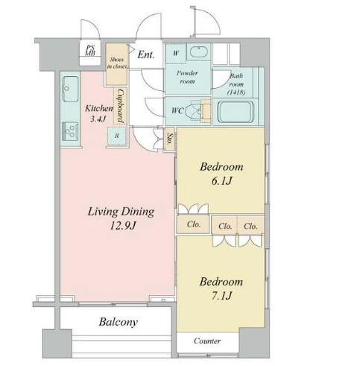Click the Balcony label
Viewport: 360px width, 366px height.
(x=119, y=322)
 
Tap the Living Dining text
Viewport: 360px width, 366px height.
(x=121, y=212)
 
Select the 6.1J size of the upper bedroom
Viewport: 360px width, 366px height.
(x=221, y=181)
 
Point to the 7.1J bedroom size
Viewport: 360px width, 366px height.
(x=221, y=296)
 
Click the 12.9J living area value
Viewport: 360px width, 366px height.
(x=123, y=226)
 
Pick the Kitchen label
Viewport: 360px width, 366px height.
(x=99, y=108)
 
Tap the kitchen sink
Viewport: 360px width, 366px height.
(x=71, y=89)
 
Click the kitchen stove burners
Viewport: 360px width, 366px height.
(x=70, y=131)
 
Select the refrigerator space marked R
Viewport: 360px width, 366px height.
(x=117, y=136)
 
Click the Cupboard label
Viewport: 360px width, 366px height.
(x=121, y=106)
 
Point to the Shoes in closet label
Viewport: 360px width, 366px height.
(x=117, y=63)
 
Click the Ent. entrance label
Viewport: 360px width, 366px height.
(x=146, y=54)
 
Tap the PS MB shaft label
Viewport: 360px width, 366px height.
(x=90, y=50)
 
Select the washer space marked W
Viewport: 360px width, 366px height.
(x=176, y=53)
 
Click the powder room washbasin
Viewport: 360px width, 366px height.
(x=199, y=52)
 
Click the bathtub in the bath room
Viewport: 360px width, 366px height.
(x=236, y=111)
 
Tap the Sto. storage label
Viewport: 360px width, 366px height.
(x=170, y=139)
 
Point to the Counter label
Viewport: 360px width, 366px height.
(x=207, y=341)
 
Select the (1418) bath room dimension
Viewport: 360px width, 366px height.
(x=236, y=92)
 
